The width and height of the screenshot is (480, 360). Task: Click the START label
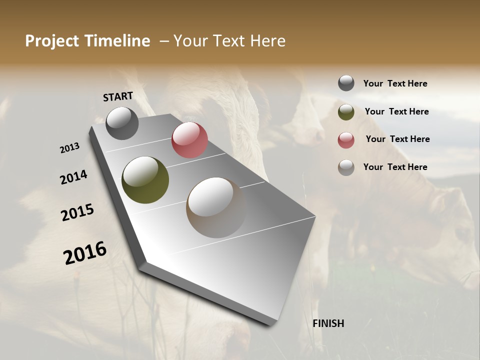(118, 96)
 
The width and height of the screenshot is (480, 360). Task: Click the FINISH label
(328, 323)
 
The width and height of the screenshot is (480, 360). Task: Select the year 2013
(70, 148)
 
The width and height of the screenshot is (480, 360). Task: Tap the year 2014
(73, 177)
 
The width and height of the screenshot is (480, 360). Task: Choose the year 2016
(85, 252)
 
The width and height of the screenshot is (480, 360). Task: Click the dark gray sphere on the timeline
(122, 123)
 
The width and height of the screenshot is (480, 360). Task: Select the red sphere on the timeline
(189, 140)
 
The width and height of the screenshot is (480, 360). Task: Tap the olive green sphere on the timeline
(145, 180)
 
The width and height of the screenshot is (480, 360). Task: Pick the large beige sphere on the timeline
(216, 207)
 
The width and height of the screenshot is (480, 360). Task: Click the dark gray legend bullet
(346, 83)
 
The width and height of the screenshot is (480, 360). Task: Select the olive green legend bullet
(346, 112)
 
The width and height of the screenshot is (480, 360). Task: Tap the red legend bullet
(346, 140)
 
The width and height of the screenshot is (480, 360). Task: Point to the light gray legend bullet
(346, 167)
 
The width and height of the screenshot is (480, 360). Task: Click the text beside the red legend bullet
(397, 139)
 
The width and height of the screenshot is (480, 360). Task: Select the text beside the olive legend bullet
(396, 111)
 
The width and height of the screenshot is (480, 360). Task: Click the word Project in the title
(52, 41)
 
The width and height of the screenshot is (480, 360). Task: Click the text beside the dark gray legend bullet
(395, 83)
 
